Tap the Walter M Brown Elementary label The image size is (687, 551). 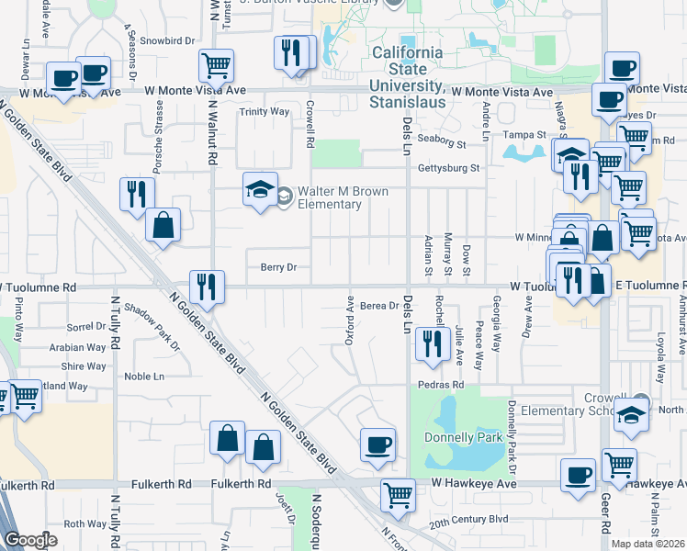click(329, 197)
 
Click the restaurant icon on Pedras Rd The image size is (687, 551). click(429, 344)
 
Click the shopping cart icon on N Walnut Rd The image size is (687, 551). click(216, 66)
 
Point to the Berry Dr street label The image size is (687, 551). click(278, 267)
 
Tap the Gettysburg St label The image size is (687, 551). click(449, 168)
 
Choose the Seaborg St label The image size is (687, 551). click(443, 143)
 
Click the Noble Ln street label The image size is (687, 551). click(144, 376)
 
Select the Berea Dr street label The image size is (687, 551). click(378, 306)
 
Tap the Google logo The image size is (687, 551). click(29, 540)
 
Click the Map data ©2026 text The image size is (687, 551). click(649, 544)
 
